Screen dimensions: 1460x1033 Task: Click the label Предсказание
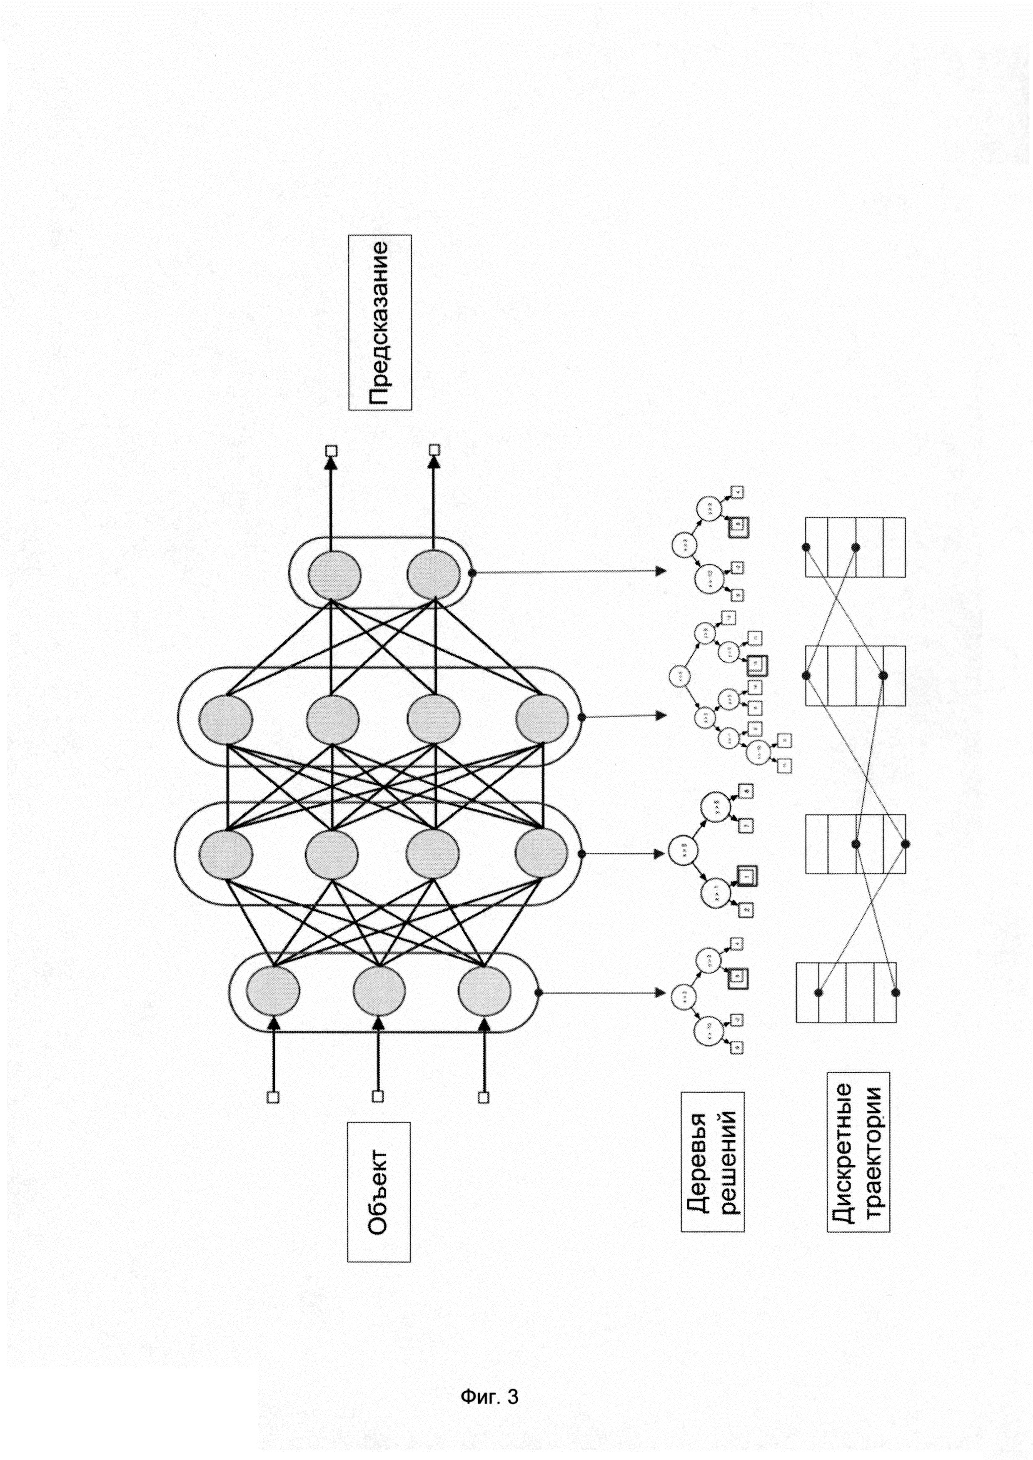pos(380,322)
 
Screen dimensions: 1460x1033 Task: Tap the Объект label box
pos(379,1191)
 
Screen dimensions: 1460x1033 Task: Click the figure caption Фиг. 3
pos(489,1396)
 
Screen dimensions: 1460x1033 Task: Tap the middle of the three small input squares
pos(378,1096)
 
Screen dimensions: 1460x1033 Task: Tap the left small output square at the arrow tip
pos(331,451)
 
